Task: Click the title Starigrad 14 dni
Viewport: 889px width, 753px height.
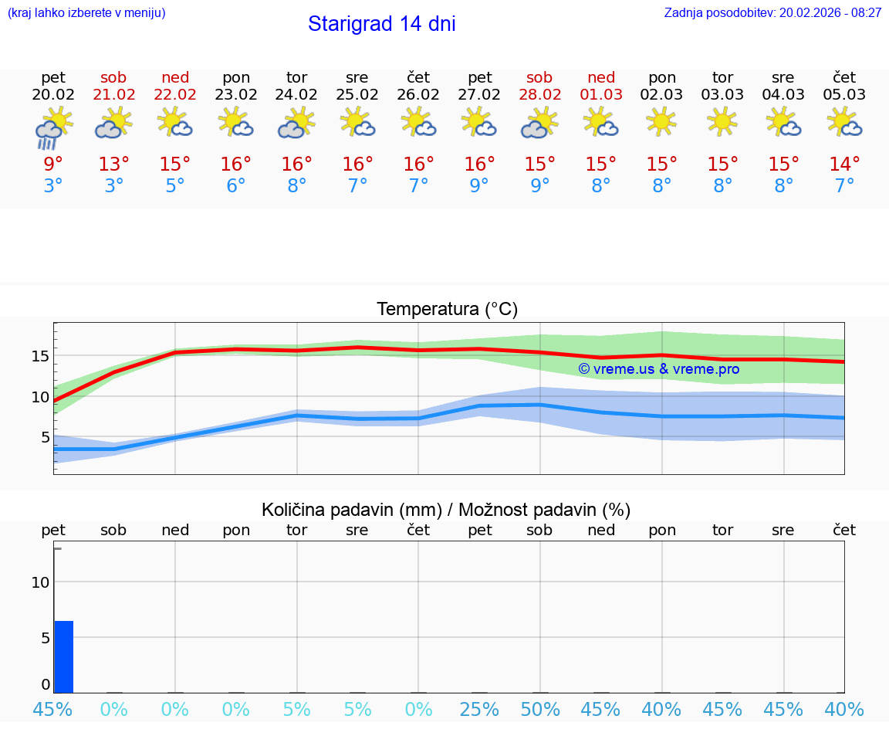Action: [x=381, y=24]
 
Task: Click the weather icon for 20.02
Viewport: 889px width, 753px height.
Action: [x=53, y=127]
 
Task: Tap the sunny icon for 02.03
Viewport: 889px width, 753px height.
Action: [x=661, y=122]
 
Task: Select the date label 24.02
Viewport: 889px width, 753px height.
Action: [x=296, y=95]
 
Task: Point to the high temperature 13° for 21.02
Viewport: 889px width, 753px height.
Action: [x=113, y=165]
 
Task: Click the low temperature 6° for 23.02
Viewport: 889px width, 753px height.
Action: [x=235, y=185]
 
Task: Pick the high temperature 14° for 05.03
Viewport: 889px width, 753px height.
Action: [x=844, y=165]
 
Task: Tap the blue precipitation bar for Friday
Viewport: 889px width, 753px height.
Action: [x=64, y=656]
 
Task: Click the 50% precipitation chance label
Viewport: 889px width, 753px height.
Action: [x=539, y=709]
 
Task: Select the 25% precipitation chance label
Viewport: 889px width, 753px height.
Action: [x=479, y=709]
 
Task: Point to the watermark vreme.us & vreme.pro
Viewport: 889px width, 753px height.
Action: [x=659, y=369]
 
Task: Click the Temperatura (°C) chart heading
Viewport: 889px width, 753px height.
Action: [x=447, y=310]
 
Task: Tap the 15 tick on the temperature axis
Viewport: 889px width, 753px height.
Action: [x=40, y=356]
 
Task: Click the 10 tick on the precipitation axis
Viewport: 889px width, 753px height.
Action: [x=40, y=582]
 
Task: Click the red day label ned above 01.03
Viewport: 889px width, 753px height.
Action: [x=601, y=77]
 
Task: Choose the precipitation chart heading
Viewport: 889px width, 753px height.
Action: [x=446, y=510]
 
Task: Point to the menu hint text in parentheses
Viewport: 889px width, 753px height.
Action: [x=86, y=12]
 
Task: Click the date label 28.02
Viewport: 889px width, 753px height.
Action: [x=539, y=95]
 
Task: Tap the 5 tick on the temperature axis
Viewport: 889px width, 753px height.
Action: [x=45, y=437]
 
